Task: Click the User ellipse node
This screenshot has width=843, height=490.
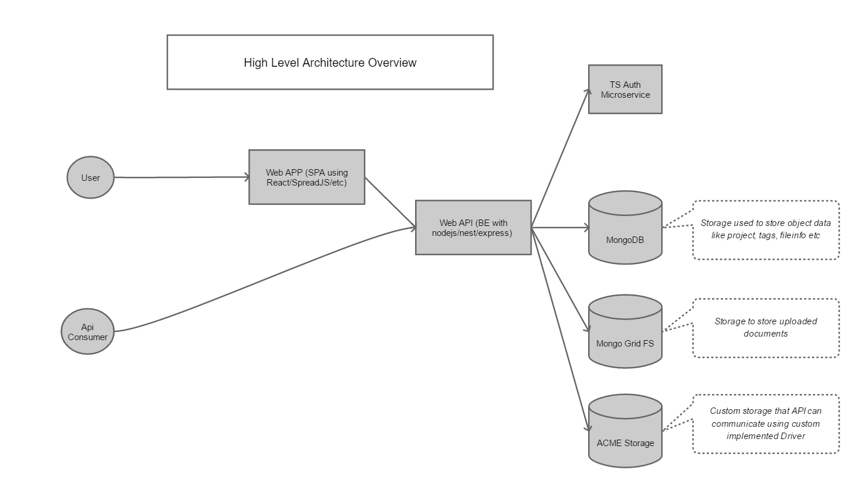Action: point(91,177)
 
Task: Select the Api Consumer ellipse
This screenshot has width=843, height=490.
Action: point(88,332)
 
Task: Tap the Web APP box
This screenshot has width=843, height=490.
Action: point(306,177)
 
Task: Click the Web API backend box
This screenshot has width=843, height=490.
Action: point(473,227)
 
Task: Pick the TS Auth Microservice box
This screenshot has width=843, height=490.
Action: point(625,89)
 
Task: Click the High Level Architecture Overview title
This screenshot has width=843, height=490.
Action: point(330,62)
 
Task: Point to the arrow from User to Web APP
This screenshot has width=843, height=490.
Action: point(181,177)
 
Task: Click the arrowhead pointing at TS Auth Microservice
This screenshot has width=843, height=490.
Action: point(586,92)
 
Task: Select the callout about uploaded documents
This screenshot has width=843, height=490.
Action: point(765,327)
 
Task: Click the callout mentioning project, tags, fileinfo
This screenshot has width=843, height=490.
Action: point(765,229)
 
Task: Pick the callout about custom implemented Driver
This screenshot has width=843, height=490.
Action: point(765,423)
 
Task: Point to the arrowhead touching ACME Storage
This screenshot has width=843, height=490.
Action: point(586,429)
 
